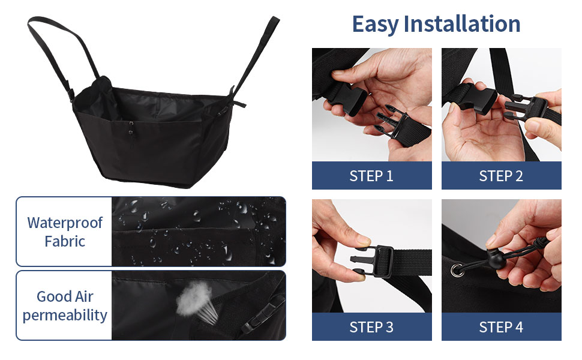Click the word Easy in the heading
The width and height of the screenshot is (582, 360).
point(375,24)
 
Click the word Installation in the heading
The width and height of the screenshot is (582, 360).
point(462,24)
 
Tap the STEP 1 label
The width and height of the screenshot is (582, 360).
point(371,176)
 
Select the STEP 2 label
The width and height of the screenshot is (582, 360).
point(501,176)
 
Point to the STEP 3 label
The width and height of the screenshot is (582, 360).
point(371,327)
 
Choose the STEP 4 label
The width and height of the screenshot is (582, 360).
point(501,327)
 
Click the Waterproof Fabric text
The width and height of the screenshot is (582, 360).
point(64,232)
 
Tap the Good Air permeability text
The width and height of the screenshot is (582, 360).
point(64,305)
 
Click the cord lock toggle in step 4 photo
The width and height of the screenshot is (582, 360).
point(493,260)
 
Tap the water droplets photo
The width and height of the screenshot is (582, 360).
point(198,231)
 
